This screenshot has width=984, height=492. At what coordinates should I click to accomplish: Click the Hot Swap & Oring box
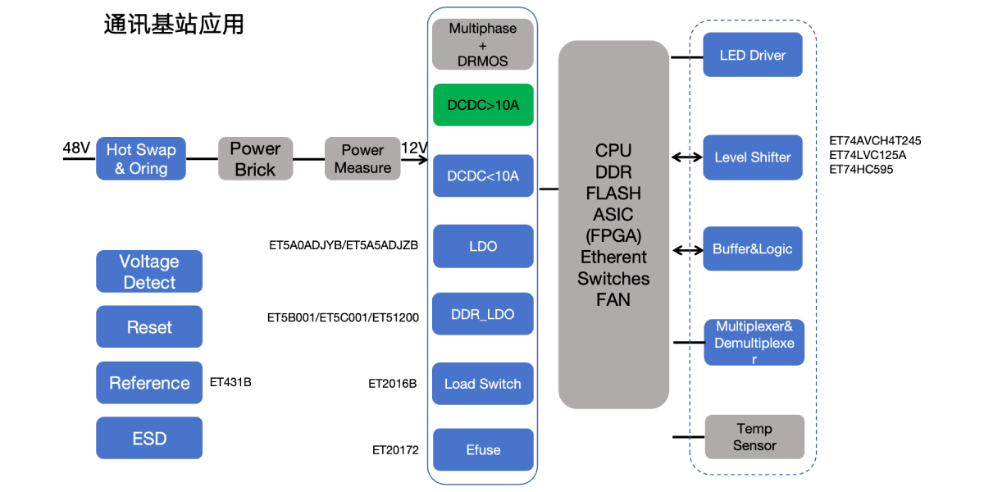coord(141,159)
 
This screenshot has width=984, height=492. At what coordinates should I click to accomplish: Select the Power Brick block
coord(255,159)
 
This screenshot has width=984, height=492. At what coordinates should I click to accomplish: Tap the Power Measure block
coord(362,159)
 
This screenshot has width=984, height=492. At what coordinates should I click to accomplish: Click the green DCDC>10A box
coord(483,105)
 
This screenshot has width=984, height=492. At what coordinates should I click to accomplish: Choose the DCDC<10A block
coord(483,176)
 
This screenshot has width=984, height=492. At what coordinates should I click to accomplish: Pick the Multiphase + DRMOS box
coord(483,44)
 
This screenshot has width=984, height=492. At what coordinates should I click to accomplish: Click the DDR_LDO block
coord(483,315)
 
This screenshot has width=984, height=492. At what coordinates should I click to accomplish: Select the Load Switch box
coord(483,384)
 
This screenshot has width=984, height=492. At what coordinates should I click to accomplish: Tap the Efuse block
coord(483,449)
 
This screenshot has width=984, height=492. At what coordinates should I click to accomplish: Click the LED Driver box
coord(752,55)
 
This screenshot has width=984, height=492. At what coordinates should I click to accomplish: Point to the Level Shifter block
coord(752,157)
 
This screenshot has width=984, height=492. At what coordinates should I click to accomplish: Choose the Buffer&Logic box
coord(752,249)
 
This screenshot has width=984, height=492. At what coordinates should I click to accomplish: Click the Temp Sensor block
coord(754,437)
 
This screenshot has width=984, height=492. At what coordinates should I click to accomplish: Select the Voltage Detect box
coord(149,271)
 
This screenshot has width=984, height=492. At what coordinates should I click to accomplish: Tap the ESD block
coord(149,438)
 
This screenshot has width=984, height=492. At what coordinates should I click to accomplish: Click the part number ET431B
coord(230,381)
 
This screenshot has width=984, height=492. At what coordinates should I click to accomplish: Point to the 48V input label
coord(76,148)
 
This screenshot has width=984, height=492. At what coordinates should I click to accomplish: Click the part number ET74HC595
coord(861,170)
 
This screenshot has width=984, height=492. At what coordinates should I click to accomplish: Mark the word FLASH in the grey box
coord(613,194)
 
